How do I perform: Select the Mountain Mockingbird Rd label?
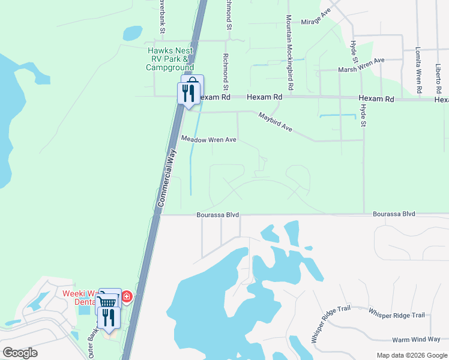pyautogui.click(x=289, y=53)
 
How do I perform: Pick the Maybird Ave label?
pyautogui.click(x=275, y=122)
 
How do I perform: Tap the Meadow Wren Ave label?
pyautogui.click(x=209, y=139)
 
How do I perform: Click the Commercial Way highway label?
pyautogui.click(x=167, y=179)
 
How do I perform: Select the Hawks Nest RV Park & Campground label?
pyautogui.click(x=170, y=59)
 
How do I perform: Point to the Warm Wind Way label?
pyautogui.click(x=417, y=340)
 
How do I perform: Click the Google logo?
pyautogui.click(x=20, y=353)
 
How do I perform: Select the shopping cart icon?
pyautogui.click(x=107, y=301)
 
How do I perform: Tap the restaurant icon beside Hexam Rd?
pyautogui.click(x=188, y=92)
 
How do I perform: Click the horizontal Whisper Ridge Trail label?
pyautogui.click(x=396, y=315)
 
